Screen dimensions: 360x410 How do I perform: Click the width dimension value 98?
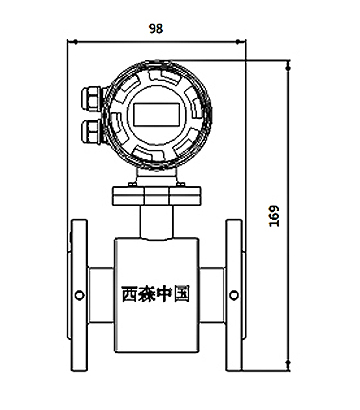coord(155,29)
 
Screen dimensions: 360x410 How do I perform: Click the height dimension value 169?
coord(274,214)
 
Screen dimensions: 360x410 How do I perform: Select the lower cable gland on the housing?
coord(86,129)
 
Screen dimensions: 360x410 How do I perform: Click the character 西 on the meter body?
coord(131,296)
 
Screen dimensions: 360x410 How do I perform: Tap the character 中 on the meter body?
coord(168,296)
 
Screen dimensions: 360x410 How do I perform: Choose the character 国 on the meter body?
coord(185,296)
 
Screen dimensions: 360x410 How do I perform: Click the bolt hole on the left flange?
coord(78,293)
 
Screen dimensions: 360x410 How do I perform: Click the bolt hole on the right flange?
coord(234,293)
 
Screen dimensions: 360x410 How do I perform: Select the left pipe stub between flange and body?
coord(100,293)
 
